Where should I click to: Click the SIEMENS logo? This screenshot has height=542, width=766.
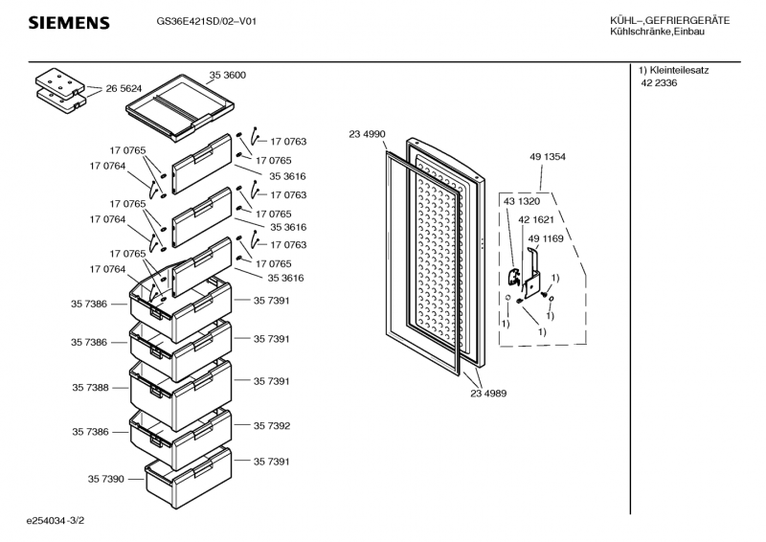click(68, 22)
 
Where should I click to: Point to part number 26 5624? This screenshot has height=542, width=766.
click(124, 88)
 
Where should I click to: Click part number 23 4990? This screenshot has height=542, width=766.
click(367, 134)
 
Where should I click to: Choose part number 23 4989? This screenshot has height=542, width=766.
click(488, 393)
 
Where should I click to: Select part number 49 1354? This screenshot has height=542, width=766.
click(547, 156)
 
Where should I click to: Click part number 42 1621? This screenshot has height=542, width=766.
click(536, 219)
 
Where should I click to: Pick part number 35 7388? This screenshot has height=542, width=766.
click(89, 388)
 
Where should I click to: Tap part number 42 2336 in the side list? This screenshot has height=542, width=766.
click(659, 83)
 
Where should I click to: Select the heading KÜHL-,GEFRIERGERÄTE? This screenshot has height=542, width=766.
click(669, 21)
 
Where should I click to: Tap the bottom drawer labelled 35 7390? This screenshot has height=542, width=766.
click(189, 474)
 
